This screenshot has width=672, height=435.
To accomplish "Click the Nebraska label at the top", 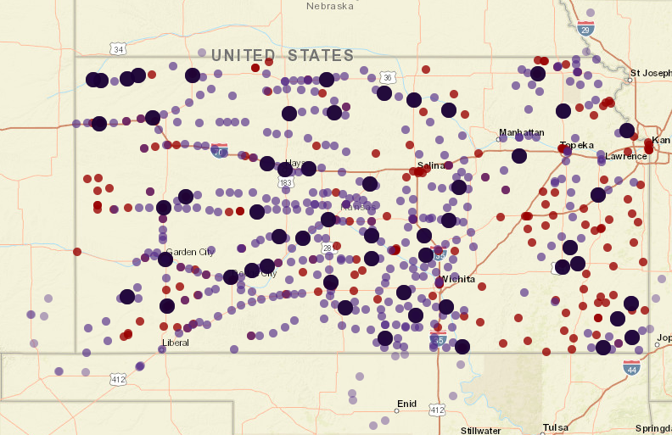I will pyautogui.click(x=330, y=6).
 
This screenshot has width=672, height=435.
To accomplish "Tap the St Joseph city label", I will pyautogui.click(x=652, y=73).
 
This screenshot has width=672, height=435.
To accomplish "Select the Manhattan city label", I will pyautogui.click(x=521, y=132).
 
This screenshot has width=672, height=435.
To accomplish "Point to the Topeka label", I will pyautogui.click(x=577, y=145).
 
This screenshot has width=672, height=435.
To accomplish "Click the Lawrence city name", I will pyautogui.click(x=626, y=156).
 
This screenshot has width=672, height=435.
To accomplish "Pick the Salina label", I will pyautogui.click(x=431, y=165).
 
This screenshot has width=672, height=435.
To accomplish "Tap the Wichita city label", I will pyautogui.click(x=457, y=279).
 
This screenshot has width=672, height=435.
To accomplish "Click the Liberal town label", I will pyautogui.click(x=176, y=343).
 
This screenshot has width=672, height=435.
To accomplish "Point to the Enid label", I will pyautogui.click(x=407, y=404).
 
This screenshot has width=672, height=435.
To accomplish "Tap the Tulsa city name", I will pyautogui.click(x=556, y=427).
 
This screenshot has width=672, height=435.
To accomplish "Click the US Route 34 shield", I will pyautogui.click(x=118, y=49).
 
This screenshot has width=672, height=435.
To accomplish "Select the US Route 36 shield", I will pyautogui.click(x=388, y=77).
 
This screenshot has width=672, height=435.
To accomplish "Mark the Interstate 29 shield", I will pyautogui.click(x=585, y=28).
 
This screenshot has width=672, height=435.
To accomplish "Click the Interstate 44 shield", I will pyautogui.click(x=631, y=367).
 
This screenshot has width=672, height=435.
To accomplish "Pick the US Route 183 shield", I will pyautogui.click(x=287, y=182).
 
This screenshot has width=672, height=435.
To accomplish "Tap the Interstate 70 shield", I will pyautogui.click(x=220, y=151).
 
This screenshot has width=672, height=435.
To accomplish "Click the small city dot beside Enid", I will pyautogui.click(x=396, y=411).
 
